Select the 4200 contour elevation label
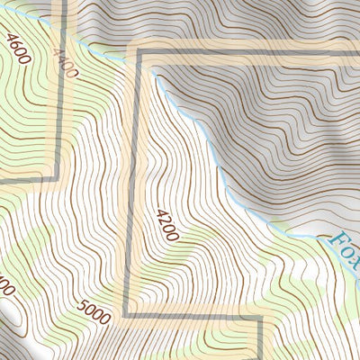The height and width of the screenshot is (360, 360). (x=167, y=225)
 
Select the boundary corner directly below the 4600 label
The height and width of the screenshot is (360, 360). (x=61, y=176)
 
